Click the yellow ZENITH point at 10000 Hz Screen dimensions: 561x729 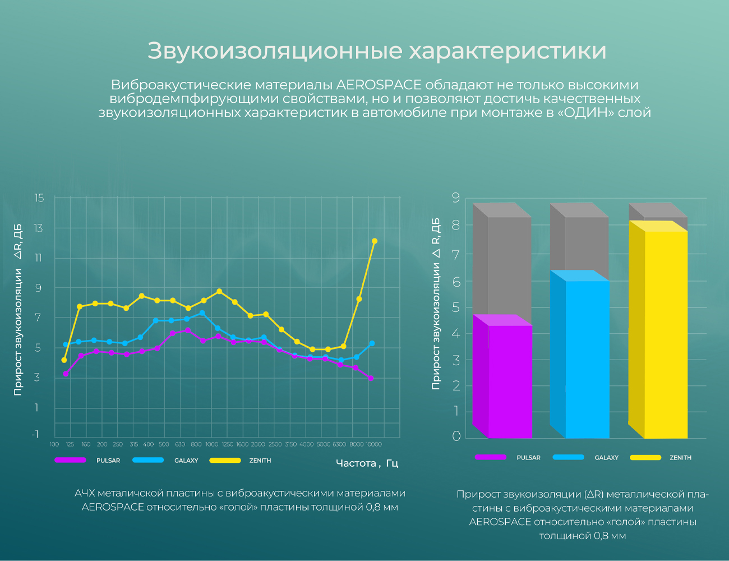(x=375, y=241)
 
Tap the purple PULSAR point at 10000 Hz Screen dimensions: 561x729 (x=371, y=378)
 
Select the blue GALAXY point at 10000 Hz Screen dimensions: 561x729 (x=372, y=343)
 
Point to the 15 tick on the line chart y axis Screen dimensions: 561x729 (x=39, y=198)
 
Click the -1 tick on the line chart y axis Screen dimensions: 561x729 (x=35, y=434)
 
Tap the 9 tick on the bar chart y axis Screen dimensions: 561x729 (x=456, y=197)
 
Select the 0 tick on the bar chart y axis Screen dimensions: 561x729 (x=456, y=436)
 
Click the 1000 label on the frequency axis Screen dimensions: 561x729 (x=212, y=444)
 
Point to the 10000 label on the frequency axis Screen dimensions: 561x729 (x=374, y=444)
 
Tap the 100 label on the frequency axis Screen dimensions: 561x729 (x=54, y=444)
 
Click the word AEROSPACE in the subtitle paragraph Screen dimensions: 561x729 (x=379, y=85)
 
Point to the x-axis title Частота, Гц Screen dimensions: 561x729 (x=367, y=463)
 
